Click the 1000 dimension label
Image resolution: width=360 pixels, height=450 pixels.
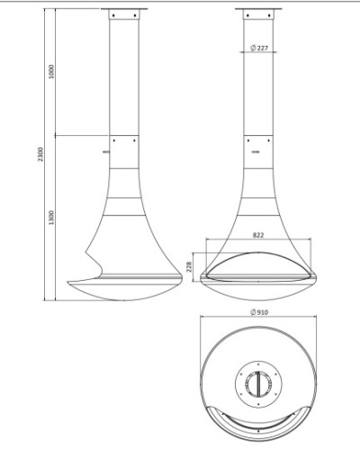(x=51, y=71)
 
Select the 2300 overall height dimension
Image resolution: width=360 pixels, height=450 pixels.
(x=40, y=154)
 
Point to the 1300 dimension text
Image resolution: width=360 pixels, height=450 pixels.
(x=51, y=218)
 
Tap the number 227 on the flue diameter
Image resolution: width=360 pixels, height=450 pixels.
(x=262, y=48)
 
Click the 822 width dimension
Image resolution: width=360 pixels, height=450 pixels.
(x=258, y=235)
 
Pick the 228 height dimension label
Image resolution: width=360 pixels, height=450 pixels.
(x=189, y=266)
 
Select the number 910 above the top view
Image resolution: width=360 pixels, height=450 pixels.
(x=263, y=312)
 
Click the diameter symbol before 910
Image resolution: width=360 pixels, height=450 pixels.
(x=253, y=312)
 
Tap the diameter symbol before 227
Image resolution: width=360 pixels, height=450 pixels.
(x=253, y=48)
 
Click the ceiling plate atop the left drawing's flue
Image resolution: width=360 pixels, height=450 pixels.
(x=124, y=9)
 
